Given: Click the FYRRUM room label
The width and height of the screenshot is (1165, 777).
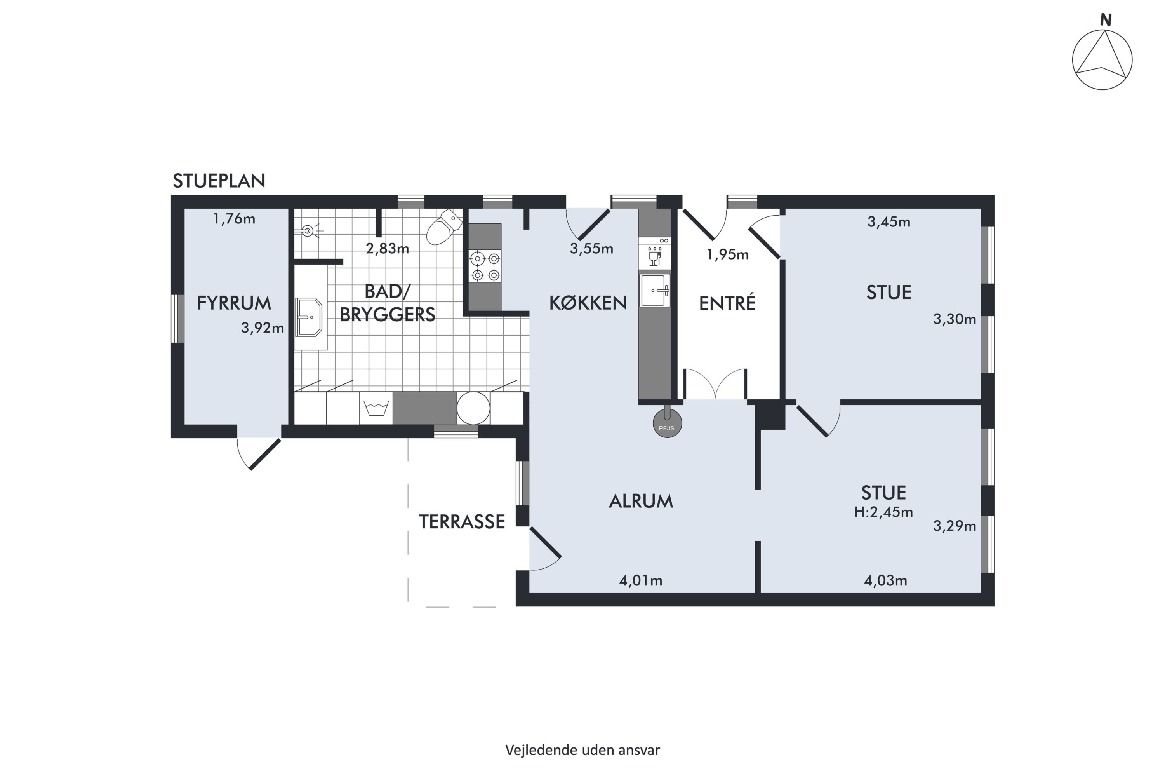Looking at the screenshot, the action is click(234, 303).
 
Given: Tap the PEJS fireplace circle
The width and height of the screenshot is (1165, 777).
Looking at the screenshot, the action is click(667, 424).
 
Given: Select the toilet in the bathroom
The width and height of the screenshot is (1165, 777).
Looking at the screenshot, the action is click(444, 227).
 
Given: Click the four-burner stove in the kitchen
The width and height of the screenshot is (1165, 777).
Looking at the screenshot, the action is click(485, 266).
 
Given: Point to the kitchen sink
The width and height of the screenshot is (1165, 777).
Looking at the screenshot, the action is click(654, 290).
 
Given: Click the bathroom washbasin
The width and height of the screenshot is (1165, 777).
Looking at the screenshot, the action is click(309, 317).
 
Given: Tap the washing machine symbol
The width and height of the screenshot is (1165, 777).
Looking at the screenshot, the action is click(376, 408).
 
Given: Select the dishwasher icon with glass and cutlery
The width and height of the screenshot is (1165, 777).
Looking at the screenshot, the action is click(654, 253).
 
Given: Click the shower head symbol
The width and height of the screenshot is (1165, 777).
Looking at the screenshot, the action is click(309, 230).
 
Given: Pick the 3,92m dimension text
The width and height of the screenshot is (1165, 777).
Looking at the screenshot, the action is click(262, 328).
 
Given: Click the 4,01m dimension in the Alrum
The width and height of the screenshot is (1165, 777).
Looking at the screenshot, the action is click(640, 581).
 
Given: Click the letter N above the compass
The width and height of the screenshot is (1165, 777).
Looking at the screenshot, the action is click(1106, 20).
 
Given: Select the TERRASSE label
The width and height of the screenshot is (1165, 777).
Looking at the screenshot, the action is click(462, 522).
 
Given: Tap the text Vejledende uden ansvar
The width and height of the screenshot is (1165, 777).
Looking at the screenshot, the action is click(582, 750).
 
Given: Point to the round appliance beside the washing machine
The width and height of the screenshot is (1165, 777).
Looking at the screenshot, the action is click(473, 408).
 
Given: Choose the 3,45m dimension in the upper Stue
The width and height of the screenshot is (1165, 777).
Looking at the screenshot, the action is click(889, 222).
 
